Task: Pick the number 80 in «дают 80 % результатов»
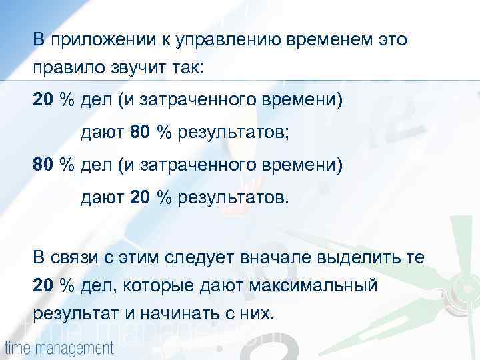(141, 132)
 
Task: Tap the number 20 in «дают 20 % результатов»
(141, 197)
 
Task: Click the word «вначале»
(273, 257)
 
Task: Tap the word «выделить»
(352, 257)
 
